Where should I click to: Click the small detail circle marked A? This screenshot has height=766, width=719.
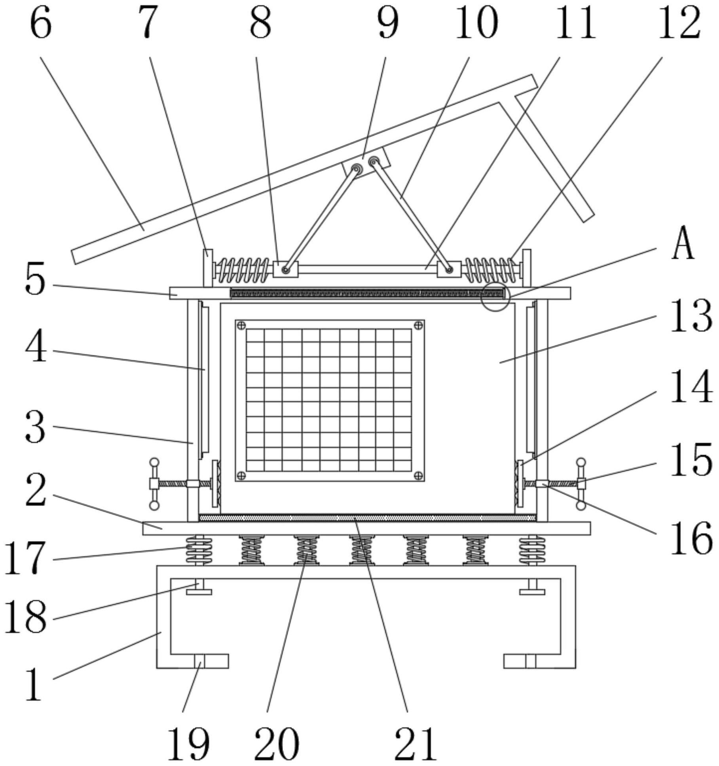click(x=495, y=297)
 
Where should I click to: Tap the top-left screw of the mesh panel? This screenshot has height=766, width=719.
click(x=241, y=326)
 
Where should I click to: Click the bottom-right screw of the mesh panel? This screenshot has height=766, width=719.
click(x=418, y=475)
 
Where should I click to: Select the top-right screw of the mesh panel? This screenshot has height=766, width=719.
click(x=418, y=326)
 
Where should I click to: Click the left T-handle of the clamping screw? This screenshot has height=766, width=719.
click(x=154, y=483)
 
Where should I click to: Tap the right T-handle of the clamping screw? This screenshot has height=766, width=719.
click(x=581, y=483)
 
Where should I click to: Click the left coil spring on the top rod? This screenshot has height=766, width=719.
click(x=244, y=270)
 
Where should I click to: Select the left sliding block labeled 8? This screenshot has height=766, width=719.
click(x=285, y=269)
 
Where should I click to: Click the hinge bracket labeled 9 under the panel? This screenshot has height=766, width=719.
click(x=366, y=163)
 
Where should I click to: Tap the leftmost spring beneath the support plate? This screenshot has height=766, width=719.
click(x=199, y=550)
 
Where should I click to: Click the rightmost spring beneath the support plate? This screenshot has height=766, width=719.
click(x=532, y=550)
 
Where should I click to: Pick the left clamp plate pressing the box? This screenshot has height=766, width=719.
click(x=215, y=483)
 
